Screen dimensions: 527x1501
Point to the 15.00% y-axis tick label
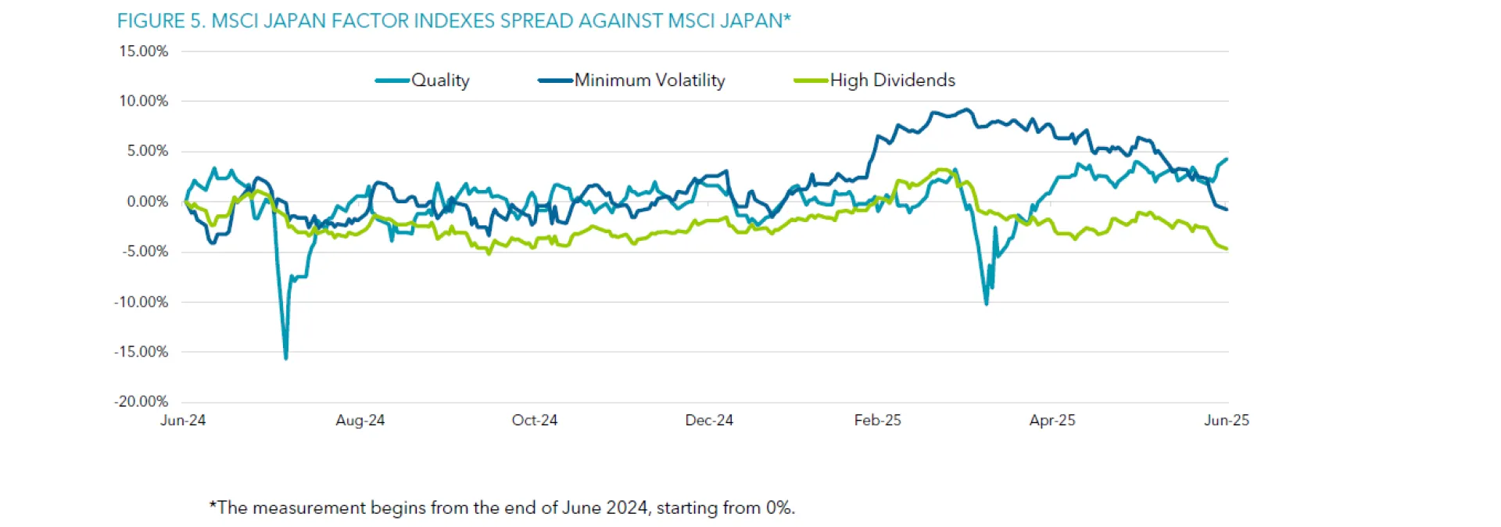point(144,52)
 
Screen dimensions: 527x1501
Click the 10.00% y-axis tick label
point(144,101)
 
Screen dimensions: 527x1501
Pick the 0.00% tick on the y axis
point(148,202)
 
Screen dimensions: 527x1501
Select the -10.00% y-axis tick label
point(142,302)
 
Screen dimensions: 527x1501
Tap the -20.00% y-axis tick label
point(142,402)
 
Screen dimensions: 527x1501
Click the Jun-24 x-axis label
point(183,421)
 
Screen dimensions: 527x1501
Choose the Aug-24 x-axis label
point(360,421)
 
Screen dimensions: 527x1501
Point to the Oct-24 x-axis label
point(535,421)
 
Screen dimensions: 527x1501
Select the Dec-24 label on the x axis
point(709,421)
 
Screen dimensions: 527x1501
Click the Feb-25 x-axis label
point(877,421)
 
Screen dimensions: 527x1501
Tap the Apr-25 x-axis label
point(1052,421)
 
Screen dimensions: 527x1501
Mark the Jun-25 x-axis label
point(1227,421)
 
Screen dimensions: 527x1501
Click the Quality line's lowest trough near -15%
point(286,358)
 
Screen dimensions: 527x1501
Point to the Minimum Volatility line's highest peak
point(968,109)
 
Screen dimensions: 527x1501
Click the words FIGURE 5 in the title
point(159,21)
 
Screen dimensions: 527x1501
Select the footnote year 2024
point(627,508)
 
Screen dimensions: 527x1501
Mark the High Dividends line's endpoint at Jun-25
point(1227,249)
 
